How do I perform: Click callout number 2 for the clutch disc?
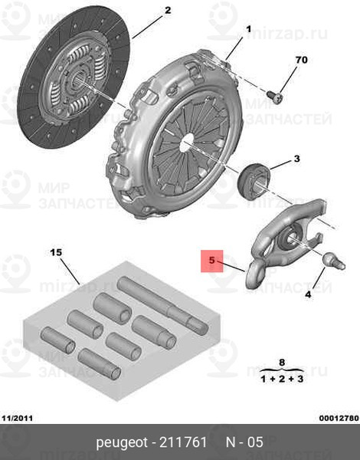[168, 11]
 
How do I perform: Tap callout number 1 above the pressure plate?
[248, 29]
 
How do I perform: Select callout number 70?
[301, 60]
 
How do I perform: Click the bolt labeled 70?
[274, 97]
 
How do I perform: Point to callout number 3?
[297, 159]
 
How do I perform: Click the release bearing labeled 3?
[254, 181]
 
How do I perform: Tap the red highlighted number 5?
[211, 260]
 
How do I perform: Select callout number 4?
[308, 294]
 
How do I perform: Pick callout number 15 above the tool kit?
[56, 252]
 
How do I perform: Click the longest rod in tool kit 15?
[162, 304]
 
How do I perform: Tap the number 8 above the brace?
[282, 363]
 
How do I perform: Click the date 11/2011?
[18, 418]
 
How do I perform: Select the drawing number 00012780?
[339, 418]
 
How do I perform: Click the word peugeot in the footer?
[122, 442]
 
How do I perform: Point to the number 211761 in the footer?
[182, 442]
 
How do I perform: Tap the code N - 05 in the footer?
[244, 442]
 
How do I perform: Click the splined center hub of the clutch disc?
[79, 78]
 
